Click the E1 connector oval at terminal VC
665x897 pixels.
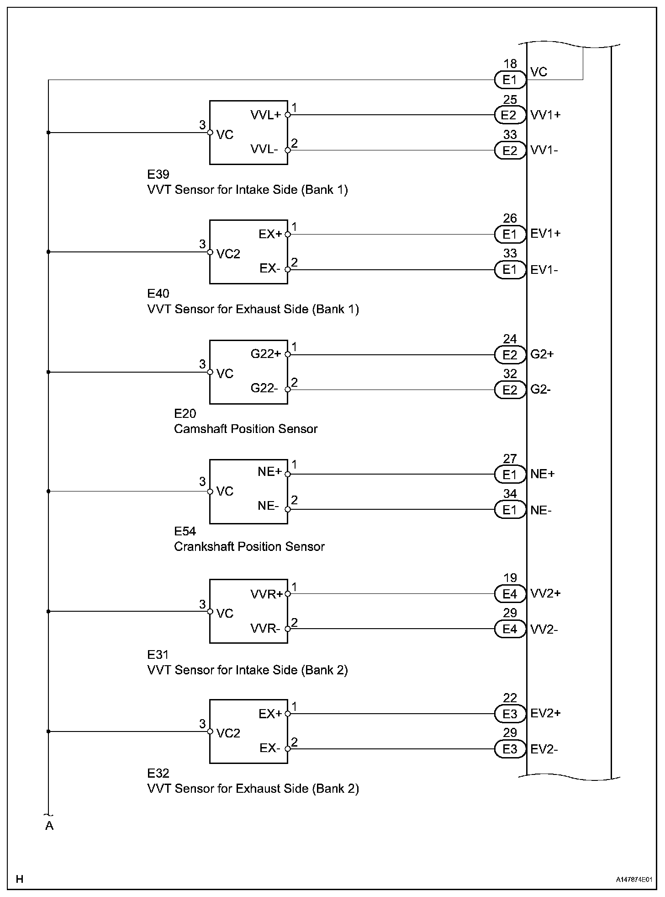(510, 80)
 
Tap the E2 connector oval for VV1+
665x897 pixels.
(510, 115)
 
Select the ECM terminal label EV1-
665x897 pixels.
(544, 270)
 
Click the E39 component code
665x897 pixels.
(158, 174)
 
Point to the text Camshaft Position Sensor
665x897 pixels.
(246, 429)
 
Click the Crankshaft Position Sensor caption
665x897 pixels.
(249, 546)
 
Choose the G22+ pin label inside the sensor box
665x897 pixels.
(266, 353)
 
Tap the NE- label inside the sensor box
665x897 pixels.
(268, 506)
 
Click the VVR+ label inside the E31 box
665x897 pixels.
(267, 594)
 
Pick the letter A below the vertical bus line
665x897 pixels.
(49, 826)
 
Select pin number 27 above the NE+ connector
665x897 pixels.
(510, 459)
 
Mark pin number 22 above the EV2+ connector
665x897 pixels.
(510, 698)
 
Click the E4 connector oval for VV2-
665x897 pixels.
(510, 629)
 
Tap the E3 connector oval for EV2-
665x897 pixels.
(510, 749)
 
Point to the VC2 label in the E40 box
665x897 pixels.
(228, 254)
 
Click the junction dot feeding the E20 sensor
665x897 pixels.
(48, 372)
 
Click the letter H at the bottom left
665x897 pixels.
(20, 879)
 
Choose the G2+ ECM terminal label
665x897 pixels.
(542, 354)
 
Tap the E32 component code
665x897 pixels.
(158, 773)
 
